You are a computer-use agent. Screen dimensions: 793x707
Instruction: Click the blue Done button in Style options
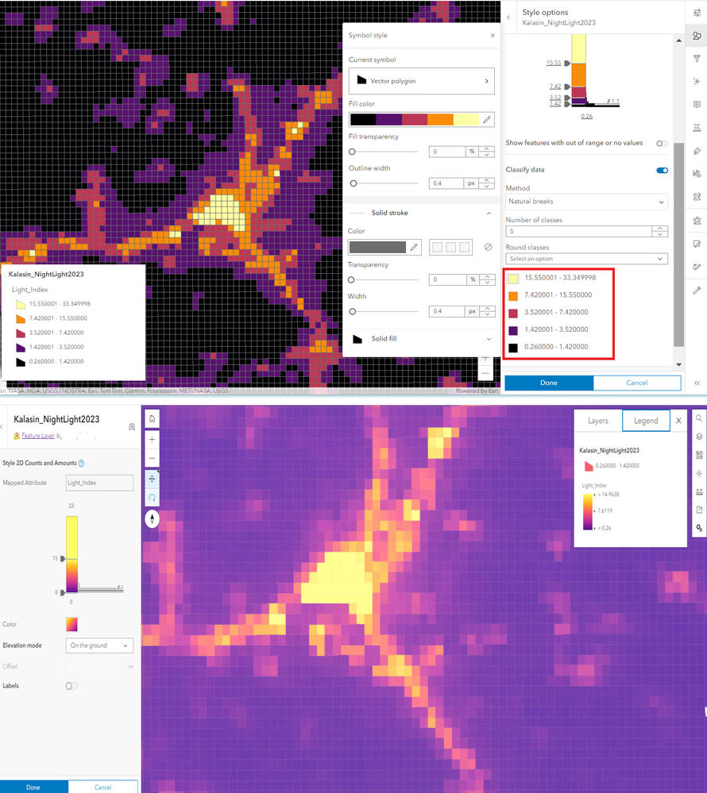click(x=548, y=383)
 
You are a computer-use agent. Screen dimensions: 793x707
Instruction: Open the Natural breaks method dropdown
click(x=586, y=202)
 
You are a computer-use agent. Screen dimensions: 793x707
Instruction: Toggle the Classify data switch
click(x=662, y=170)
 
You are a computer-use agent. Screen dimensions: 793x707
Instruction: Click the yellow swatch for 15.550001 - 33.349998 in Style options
click(x=514, y=277)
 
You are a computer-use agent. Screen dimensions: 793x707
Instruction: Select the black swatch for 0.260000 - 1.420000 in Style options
click(x=514, y=348)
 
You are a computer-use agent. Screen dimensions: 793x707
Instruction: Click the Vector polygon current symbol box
click(x=421, y=81)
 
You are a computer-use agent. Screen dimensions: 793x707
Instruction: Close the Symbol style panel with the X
click(x=493, y=36)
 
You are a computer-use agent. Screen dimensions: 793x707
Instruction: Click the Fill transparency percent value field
click(x=446, y=152)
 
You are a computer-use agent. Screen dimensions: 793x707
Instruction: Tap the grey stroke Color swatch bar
click(x=377, y=247)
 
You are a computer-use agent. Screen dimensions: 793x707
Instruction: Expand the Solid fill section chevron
click(x=489, y=339)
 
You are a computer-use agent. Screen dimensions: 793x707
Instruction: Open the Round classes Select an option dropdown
click(x=586, y=259)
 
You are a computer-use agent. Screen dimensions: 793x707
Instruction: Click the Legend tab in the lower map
click(x=646, y=421)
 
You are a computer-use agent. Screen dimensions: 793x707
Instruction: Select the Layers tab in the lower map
click(x=598, y=421)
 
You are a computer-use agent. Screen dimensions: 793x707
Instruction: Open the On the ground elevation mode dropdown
click(x=99, y=645)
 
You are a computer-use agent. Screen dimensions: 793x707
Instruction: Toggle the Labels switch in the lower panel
click(x=71, y=686)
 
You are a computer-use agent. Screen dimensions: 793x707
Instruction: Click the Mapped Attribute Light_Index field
click(x=99, y=482)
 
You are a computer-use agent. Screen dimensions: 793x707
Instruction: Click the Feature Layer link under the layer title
click(x=37, y=436)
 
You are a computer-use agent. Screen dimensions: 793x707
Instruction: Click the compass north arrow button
click(x=152, y=519)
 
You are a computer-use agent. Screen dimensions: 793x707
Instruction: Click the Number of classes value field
click(x=578, y=232)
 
